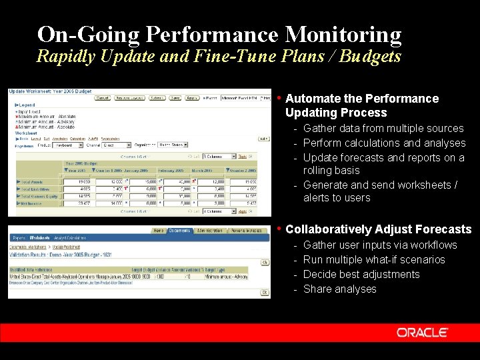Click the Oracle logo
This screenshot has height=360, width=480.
coord(422,332)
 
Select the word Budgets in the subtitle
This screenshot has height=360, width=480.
coord(370,56)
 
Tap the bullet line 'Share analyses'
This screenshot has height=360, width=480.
coord(339,289)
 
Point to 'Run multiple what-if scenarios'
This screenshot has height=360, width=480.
coord(373,259)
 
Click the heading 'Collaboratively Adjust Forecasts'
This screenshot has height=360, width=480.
coord(378,229)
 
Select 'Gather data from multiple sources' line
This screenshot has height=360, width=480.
coord(383,128)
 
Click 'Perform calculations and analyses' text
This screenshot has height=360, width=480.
coord(384,143)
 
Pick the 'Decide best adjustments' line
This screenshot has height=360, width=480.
coord(361,274)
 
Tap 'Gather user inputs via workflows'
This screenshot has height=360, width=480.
coord(379,245)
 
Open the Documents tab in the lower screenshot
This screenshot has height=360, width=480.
coord(179,231)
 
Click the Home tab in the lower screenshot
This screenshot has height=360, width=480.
coord(159,231)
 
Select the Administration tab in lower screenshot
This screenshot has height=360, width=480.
coord(209,231)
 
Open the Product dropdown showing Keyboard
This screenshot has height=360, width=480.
coord(69,144)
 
